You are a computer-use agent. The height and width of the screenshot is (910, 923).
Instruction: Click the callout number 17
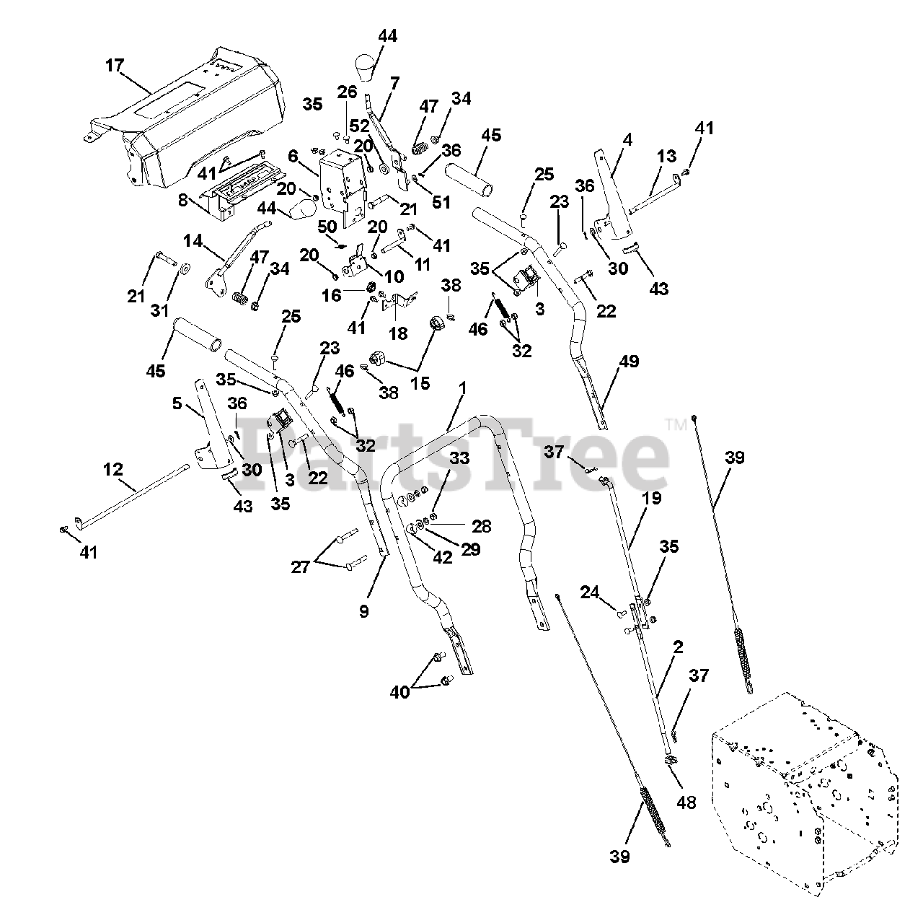click(114, 66)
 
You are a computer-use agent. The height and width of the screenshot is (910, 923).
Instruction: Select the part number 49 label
click(629, 362)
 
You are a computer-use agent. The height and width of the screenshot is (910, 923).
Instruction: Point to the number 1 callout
click(462, 388)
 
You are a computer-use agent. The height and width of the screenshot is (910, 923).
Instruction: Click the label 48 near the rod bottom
click(686, 801)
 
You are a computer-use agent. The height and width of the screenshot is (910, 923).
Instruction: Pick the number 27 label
click(300, 567)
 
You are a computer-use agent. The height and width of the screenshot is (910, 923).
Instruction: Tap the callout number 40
click(399, 692)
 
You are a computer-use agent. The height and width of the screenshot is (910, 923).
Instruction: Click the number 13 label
click(667, 157)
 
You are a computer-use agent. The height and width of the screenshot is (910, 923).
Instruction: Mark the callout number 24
click(589, 592)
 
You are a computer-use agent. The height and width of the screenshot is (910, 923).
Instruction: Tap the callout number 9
click(363, 611)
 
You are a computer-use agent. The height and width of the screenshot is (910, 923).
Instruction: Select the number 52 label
click(358, 124)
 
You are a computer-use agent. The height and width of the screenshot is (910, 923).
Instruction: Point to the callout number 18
click(398, 333)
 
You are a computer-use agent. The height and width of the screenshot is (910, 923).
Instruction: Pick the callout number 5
click(177, 404)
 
